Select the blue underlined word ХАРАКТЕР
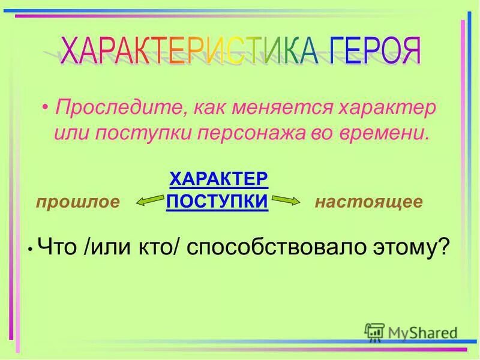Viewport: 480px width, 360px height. point(218,179)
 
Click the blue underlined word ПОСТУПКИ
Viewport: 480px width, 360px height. point(217,201)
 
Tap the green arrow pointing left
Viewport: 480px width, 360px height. point(149,202)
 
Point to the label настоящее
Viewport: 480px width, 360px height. point(368,202)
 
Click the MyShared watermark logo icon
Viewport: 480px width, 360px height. point(375,332)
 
